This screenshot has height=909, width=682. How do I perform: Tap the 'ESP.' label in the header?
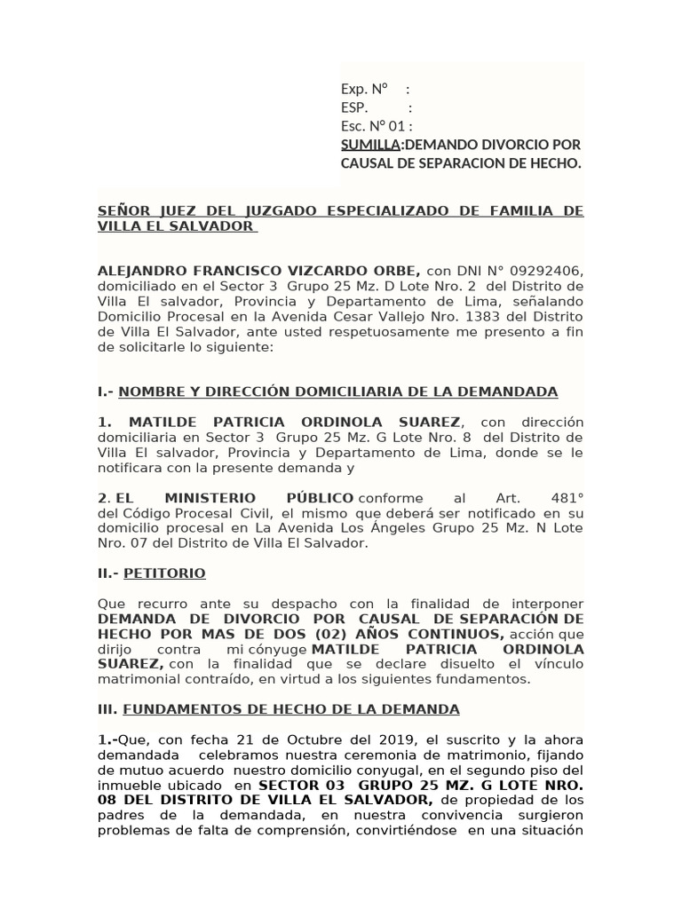click(x=354, y=107)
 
